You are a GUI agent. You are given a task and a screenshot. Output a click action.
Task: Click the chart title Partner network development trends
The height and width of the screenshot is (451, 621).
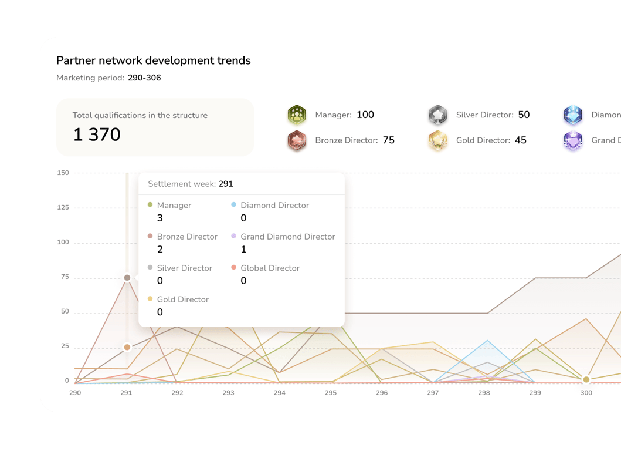(x=154, y=60)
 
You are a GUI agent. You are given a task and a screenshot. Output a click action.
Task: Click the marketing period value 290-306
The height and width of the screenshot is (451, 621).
(x=144, y=78)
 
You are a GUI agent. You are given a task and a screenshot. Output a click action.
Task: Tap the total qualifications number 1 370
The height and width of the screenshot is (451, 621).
(x=97, y=134)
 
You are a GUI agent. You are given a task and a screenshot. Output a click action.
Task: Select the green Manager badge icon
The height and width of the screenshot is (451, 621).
(x=297, y=115)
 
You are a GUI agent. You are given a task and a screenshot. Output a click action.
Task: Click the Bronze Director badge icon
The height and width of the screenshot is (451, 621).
(x=297, y=140)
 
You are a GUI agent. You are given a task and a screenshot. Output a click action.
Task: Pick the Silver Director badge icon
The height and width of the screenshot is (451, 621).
(x=438, y=115)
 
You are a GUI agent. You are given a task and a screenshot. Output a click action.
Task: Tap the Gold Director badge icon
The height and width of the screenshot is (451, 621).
(x=438, y=140)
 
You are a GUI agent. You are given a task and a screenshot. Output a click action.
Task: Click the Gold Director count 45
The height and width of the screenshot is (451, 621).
(x=520, y=140)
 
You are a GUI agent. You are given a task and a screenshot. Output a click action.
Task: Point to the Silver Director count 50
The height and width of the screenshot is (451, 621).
(x=524, y=115)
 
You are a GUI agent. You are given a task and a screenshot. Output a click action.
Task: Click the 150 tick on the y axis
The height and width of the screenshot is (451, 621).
(x=63, y=173)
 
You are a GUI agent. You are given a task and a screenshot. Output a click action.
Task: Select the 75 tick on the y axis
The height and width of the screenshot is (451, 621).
(x=65, y=277)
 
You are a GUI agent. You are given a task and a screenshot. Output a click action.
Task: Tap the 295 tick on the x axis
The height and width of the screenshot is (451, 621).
(x=331, y=393)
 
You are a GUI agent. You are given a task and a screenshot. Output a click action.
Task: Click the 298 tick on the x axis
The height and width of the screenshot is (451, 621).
(x=484, y=393)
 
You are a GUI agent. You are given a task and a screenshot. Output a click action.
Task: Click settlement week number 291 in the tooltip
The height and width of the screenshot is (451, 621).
(x=226, y=184)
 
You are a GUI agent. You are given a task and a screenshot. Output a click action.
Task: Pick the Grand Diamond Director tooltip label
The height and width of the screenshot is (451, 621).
(x=287, y=237)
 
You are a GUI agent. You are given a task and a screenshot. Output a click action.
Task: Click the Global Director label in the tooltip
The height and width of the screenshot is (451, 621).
(x=270, y=268)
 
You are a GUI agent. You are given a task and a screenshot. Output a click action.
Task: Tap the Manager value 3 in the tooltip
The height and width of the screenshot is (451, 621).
(x=160, y=218)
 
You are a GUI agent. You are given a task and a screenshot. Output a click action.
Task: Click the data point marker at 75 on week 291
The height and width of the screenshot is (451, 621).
(x=127, y=278)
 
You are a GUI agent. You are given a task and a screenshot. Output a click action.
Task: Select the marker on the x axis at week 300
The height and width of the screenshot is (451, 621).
(x=586, y=380)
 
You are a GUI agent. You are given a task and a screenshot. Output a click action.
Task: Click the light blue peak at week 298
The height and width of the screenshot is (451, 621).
(x=487, y=341)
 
